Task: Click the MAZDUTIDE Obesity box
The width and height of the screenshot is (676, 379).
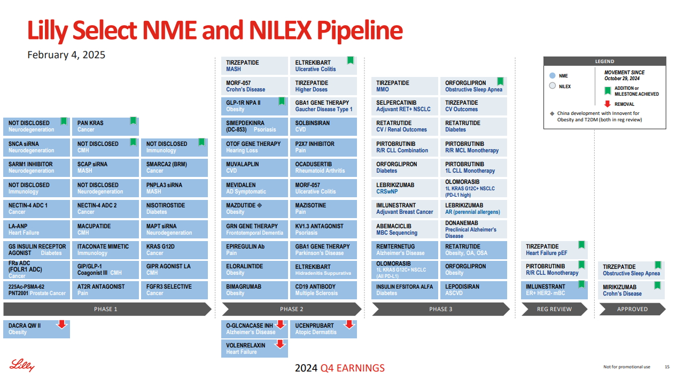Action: pos(254,208)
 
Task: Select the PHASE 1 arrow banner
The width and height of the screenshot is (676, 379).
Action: pos(106,309)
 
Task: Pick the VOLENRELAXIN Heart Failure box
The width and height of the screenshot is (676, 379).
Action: pos(254,349)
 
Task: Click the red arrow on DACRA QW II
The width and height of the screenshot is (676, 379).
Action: pos(62,323)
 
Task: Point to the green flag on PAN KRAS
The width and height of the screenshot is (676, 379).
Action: pos(133,121)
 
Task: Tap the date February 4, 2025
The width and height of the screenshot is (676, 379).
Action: pos(66,55)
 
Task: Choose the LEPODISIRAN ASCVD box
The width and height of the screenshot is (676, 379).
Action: pos(476,290)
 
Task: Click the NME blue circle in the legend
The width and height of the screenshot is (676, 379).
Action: pos(553,76)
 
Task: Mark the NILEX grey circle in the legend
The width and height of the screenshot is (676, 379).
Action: pos(553,86)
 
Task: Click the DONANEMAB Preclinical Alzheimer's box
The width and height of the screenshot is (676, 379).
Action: pos(476,229)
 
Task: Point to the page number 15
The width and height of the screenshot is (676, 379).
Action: pos(667,367)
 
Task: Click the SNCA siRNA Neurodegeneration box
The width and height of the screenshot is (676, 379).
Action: pos(36,147)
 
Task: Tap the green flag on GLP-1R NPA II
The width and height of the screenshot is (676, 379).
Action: pos(282,101)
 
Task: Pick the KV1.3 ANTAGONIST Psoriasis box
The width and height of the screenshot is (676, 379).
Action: pos(323,229)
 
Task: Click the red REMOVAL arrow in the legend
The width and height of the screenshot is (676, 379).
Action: pos(607,104)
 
